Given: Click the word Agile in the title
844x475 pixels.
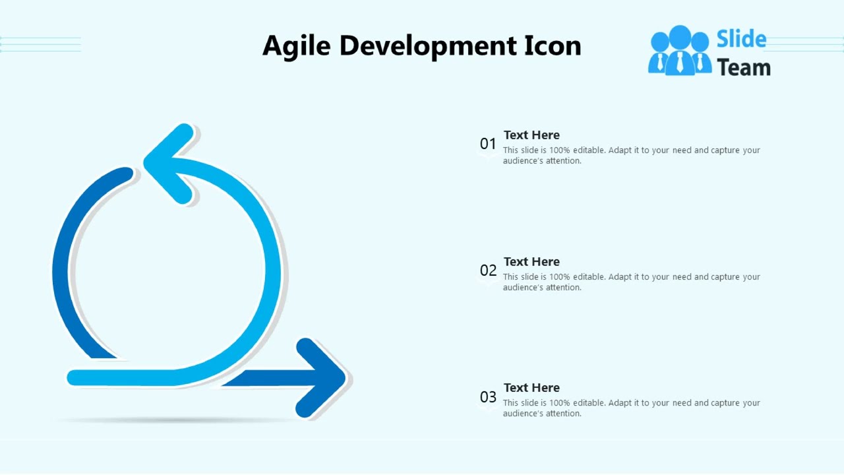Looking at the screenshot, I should (296, 46).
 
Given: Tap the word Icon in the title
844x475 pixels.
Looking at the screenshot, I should (553, 46).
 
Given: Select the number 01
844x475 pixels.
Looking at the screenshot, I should (488, 144).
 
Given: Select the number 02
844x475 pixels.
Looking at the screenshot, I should (488, 270).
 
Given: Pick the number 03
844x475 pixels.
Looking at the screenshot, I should (488, 397).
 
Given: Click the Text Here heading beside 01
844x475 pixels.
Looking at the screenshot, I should (531, 135).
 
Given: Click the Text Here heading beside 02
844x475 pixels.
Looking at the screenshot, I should (531, 262).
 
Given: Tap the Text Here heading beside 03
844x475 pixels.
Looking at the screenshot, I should (531, 388).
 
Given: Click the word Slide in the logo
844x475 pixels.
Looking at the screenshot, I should (741, 40).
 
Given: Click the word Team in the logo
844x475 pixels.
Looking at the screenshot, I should (744, 67).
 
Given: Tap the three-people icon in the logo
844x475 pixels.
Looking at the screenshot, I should (680, 51).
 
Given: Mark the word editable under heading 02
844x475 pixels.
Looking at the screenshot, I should (589, 277).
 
